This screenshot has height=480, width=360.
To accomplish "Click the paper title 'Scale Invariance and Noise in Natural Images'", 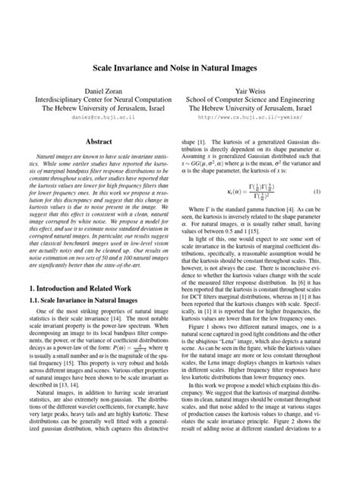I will point(180,68).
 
